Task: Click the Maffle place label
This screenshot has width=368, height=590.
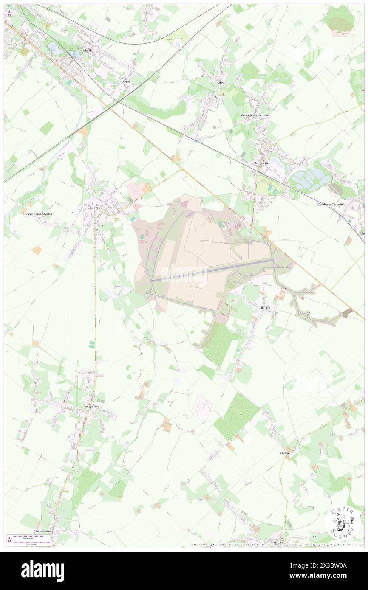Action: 88,51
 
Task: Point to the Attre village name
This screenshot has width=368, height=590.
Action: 220,82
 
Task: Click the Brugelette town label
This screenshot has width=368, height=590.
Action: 262,163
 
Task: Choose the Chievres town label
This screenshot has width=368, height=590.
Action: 93,208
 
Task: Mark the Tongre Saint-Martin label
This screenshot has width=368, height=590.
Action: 37,214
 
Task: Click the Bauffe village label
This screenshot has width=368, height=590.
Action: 265,308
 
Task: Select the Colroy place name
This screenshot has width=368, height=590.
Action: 284,453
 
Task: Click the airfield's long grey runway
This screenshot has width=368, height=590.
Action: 212,272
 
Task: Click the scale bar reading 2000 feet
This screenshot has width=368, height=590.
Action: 30,537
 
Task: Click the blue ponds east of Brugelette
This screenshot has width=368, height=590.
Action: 310,178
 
